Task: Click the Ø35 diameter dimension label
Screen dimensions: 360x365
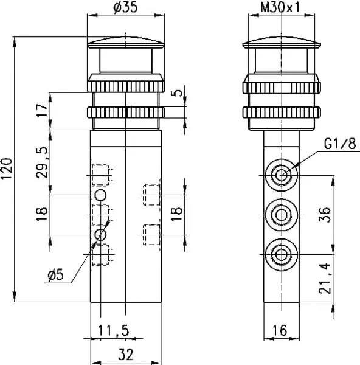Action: tap(125, 8)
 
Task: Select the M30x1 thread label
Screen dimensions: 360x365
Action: tap(280, 7)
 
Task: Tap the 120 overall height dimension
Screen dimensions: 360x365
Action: tap(7, 169)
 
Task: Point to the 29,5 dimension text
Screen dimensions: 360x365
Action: tap(42, 162)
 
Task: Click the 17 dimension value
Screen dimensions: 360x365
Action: tap(42, 111)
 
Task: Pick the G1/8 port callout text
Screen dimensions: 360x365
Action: tap(340, 144)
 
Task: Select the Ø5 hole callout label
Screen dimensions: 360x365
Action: tap(55, 275)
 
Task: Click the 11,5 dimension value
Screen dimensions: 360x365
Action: tap(113, 330)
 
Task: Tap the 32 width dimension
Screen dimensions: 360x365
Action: tap(126, 354)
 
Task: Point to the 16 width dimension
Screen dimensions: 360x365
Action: tap(280, 330)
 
